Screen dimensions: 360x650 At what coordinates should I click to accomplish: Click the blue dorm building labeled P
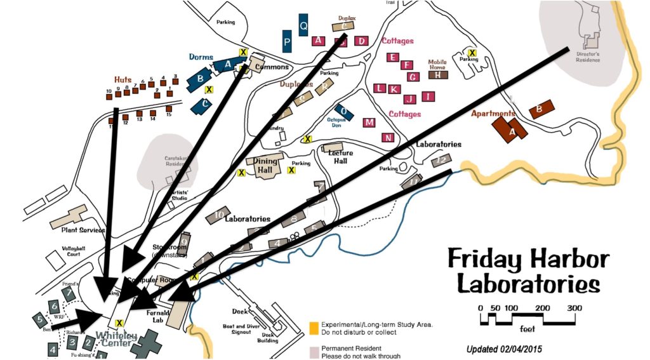(x=287, y=43)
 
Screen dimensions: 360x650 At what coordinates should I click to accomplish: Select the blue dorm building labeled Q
(x=303, y=25)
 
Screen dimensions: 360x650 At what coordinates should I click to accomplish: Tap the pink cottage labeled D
(x=361, y=41)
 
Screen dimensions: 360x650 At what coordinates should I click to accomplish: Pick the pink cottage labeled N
(x=387, y=137)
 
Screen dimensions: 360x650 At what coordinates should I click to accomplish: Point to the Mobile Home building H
(x=438, y=74)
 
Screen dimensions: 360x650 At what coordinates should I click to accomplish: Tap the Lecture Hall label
(x=340, y=157)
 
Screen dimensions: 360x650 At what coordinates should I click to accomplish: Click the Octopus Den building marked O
(x=343, y=112)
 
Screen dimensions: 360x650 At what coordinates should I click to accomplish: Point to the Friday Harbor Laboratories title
(x=527, y=271)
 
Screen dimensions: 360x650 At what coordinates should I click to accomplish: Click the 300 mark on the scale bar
(x=574, y=308)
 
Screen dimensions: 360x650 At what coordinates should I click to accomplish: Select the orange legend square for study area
(x=314, y=328)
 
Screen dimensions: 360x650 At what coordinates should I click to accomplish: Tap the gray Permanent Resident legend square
(x=314, y=351)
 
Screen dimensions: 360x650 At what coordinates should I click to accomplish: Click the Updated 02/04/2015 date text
(x=504, y=349)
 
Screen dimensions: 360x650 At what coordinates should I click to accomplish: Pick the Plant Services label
(x=83, y=230)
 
